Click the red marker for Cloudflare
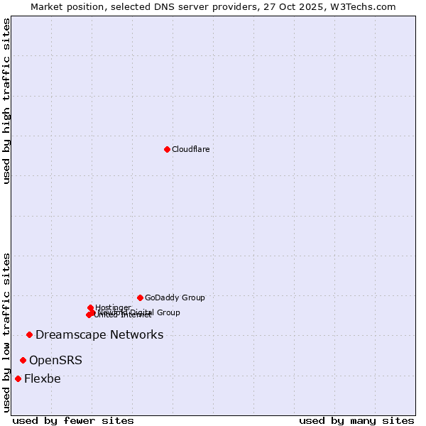pos(167,149)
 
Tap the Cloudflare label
pos(190,149)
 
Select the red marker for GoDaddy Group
pos(140,297)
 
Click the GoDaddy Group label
pos(175,297)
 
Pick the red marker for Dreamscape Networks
pos(29,334)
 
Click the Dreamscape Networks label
pos(99,334)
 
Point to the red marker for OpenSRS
pos(23,360)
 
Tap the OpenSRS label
pos(55,360)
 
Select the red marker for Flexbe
pos(18,378)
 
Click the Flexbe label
pos(43,378)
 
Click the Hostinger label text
pos(113,307)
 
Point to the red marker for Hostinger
pos(90,307)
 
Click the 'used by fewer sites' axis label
pos(73,420)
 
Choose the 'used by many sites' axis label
pos(356,420)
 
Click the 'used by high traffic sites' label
pos(6,101)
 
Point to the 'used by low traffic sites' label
pos(6,332)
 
